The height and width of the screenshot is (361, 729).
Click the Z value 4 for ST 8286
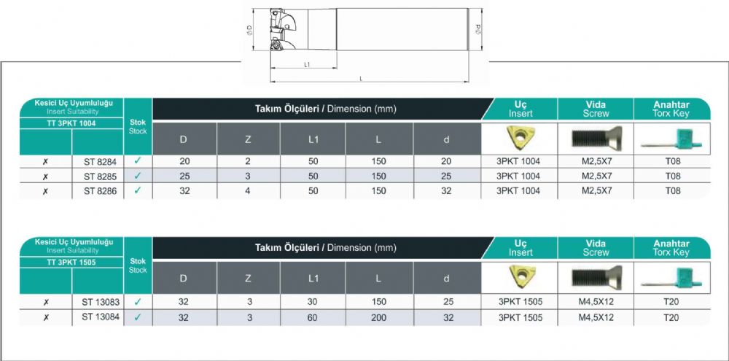(x=248, y=191)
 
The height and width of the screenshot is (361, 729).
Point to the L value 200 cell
(x=379, y=318)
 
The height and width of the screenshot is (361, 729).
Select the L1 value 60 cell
(x=313, y=318)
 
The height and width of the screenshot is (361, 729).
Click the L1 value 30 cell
(x=313, y=302)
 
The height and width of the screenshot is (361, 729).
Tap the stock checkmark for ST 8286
(x=138, y=190)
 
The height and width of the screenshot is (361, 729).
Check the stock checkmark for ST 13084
(x=138, y=318)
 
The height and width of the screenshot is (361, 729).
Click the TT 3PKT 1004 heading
(x=71, y=124)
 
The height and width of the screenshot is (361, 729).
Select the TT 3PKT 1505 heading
(x=71, y=263)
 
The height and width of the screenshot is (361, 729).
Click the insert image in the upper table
(x=520, y=138)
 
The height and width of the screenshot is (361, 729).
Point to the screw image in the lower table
(x=596, y=277)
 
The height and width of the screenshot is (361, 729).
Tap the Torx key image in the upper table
(x=672, y=139)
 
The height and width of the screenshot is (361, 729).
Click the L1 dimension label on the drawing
(x=307, y=65)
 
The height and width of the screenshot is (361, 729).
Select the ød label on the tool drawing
(x=478, y=30)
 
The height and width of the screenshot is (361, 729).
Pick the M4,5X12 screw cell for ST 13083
(x=596, y=302)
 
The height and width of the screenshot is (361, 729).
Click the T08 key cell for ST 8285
(x=672, y=176)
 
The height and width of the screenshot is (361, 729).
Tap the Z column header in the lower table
(x=249, y=278)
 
